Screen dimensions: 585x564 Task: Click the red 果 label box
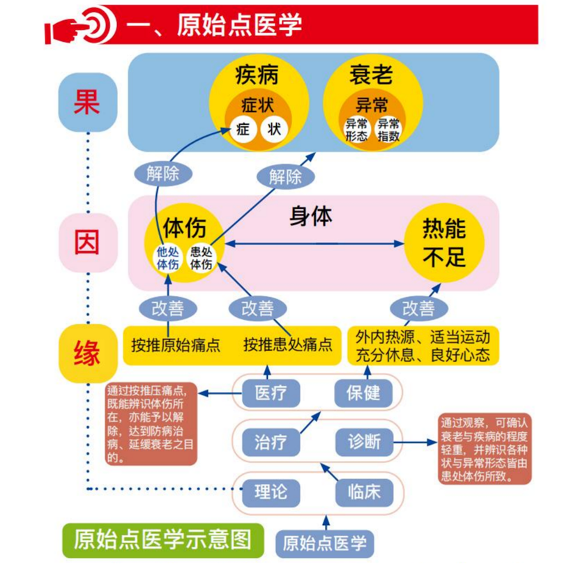pos(88,102)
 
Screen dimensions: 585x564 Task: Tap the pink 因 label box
pos(88,243)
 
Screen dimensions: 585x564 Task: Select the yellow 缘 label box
pos(88,353)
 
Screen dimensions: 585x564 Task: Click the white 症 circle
pos(243,130)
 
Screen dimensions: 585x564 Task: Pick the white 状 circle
pos(274,130)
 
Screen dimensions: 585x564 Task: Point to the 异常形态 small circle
pos(356,130)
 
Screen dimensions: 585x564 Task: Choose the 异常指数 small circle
pos(388,130)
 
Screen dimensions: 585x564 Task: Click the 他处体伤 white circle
pos(167,258)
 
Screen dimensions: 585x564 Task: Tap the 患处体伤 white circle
pos(201,258)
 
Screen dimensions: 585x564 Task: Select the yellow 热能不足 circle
pos(444,243)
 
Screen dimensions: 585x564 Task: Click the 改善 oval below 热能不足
pos(418,308)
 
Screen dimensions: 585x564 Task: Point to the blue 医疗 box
pos(271,393)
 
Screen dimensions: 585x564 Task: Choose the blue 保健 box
pos(363,393)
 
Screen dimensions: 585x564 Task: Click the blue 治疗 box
pos(271,443)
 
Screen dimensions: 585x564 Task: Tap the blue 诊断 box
pos(364,443)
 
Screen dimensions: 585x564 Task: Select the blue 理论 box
pos(271,492)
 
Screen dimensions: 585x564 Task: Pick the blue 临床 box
pos(364,492)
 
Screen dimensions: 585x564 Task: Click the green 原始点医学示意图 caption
pos(163,540)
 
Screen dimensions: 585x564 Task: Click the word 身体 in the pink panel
pos(311,216)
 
